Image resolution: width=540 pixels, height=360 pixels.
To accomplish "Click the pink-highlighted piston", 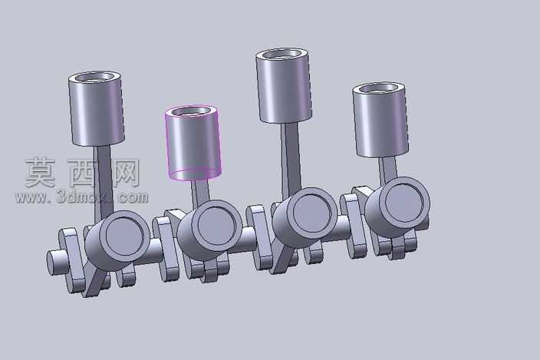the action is pyautogui.click(x=193, y=143).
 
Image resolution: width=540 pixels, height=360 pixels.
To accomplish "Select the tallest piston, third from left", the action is pyautogui.click(x=284, y=85).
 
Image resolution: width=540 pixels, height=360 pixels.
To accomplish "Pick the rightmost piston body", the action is pyautogui.click(x=380, y=120).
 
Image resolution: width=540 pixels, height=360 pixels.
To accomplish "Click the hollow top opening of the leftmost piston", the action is pyautogui.click(x=95, y=77).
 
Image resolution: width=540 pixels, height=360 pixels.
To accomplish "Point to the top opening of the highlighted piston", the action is pyautogui.click(x=192, y=111).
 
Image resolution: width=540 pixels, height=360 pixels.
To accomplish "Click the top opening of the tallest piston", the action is pyautogui.click(x=282, y=54).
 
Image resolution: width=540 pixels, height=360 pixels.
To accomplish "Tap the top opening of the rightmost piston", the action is pyautogui.click(x=379, y=88).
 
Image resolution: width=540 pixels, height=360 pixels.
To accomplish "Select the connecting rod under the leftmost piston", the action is pyautogui.click(x=104, y=183).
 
